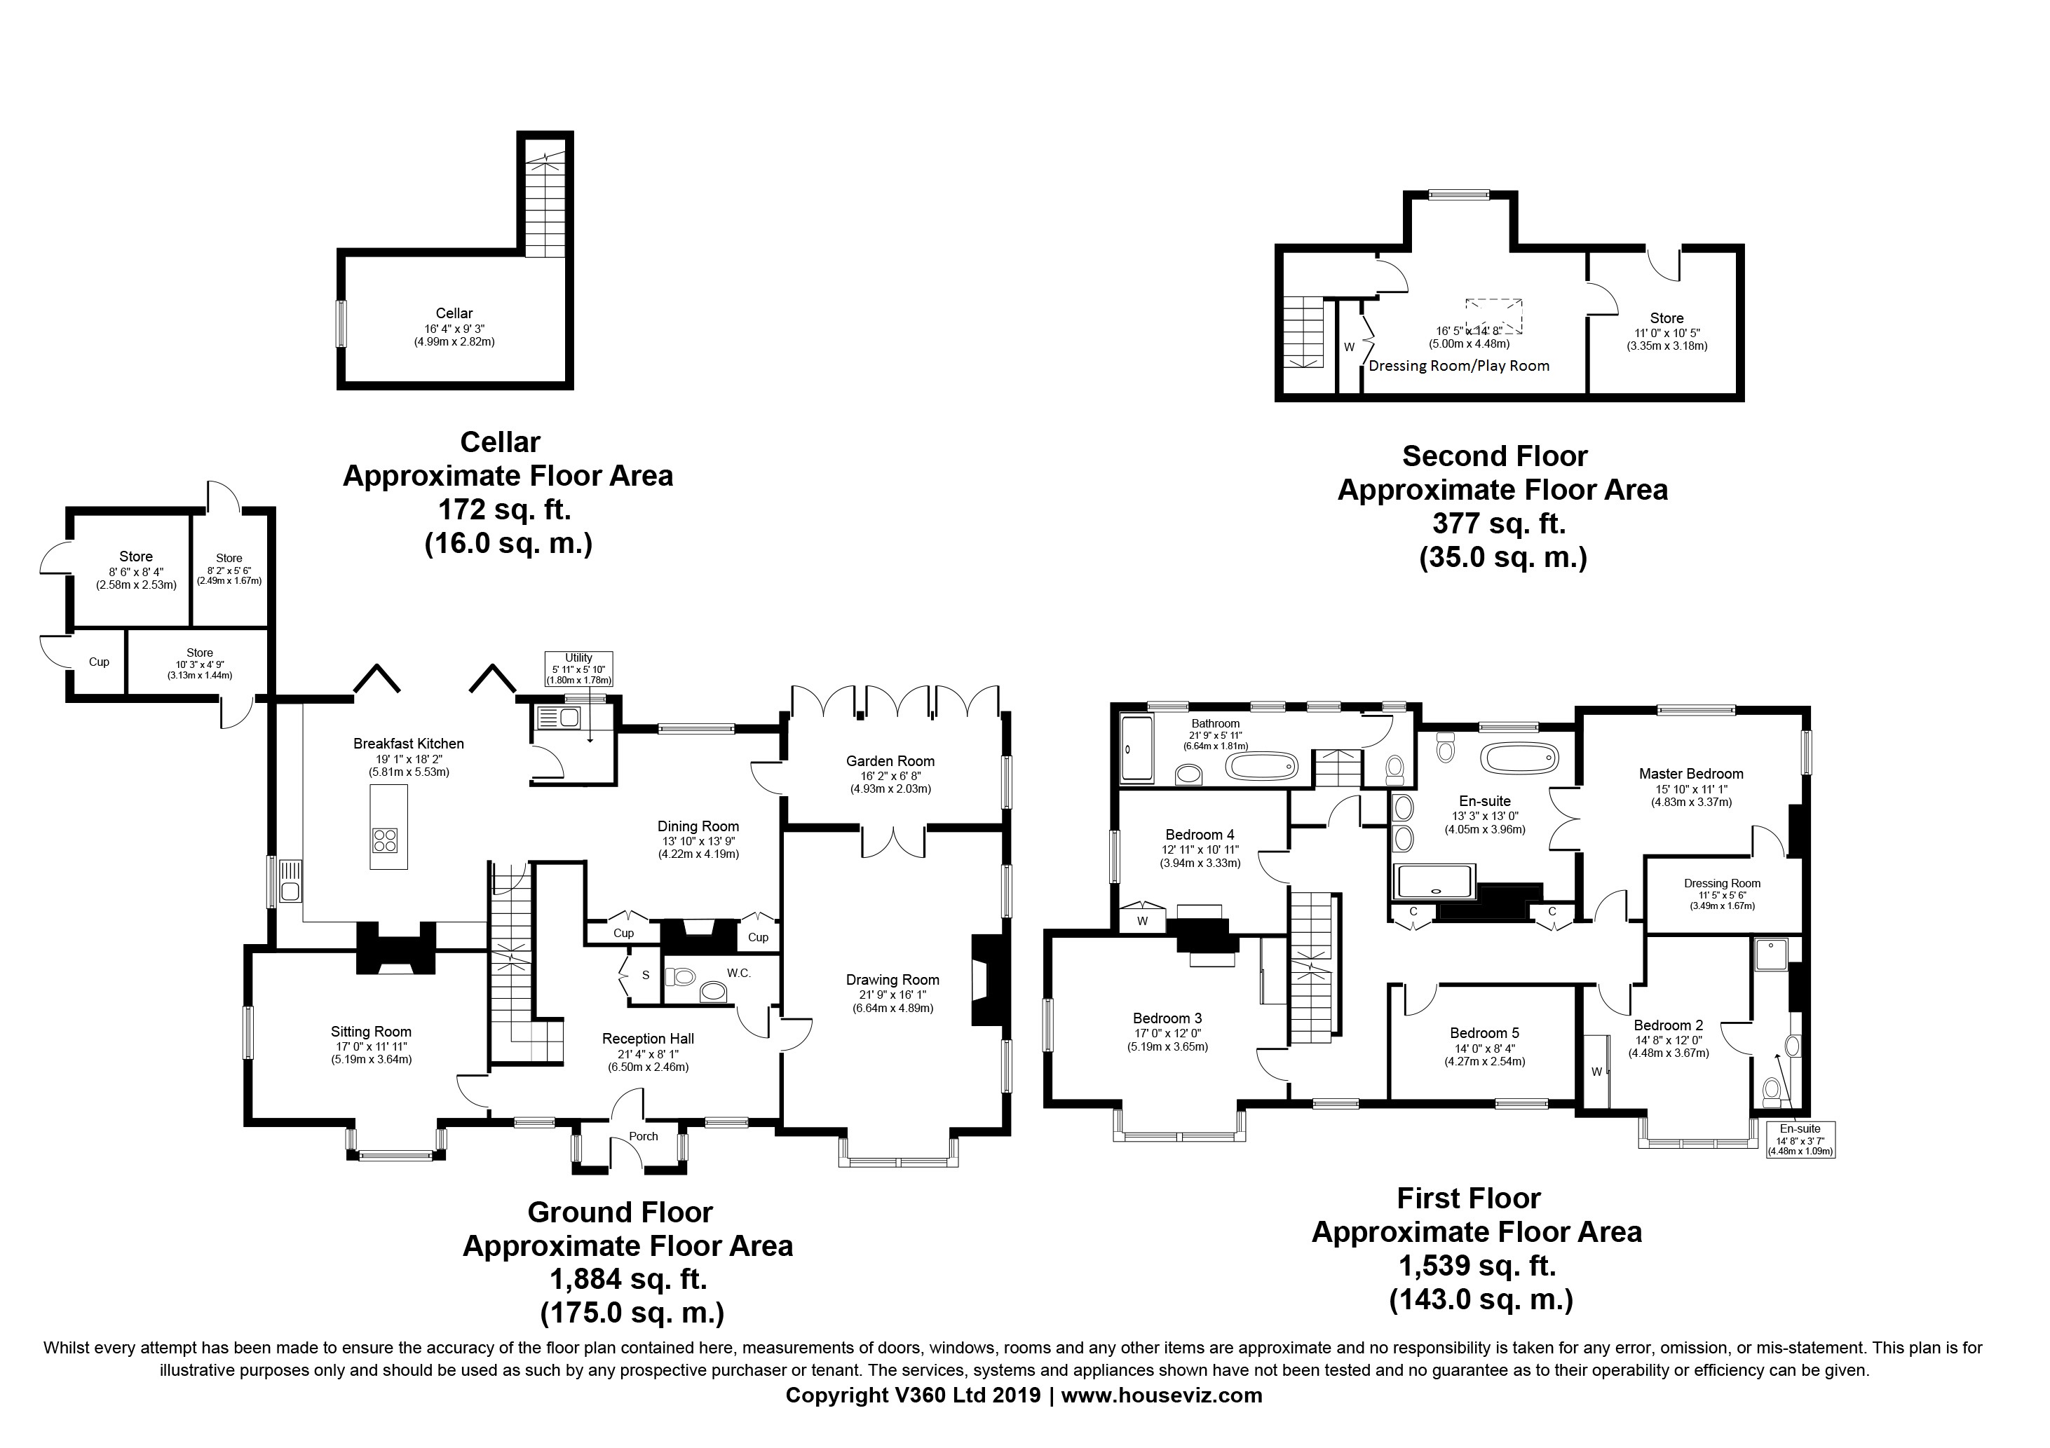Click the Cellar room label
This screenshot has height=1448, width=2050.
[454, 313]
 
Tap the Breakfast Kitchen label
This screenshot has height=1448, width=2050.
[408, 744]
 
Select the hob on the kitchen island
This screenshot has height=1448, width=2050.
[386, 840]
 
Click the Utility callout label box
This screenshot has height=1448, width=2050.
[578, 669]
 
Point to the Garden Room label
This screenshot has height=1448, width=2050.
[890, 761]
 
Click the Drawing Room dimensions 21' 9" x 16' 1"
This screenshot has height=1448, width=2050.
[893, 995]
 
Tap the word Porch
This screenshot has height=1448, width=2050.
[643, 1136]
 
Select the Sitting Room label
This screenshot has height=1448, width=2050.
[371, 1032]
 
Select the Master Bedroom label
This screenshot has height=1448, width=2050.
[1691, 774]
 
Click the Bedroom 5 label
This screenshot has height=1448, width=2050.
[1479, 1034]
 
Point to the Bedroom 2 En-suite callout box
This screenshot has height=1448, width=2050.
[1800, 1140]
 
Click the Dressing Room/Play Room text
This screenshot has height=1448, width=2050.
[1459, 365]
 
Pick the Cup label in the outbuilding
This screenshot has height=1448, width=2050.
[98, 662]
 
